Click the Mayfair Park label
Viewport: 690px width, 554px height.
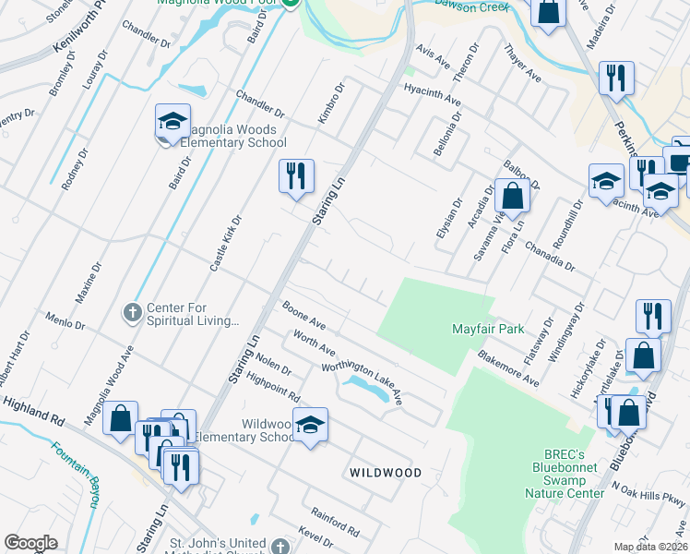(487, 329)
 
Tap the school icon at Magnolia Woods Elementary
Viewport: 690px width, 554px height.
(172, 123)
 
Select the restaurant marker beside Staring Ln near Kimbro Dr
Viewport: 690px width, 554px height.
(296, 176)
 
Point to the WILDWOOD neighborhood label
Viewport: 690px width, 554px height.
(386, 473)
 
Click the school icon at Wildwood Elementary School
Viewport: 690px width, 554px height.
(310, 426)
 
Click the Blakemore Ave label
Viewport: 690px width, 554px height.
(508, 367)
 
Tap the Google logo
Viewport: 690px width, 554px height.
(31, 543)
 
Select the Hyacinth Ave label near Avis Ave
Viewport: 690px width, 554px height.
(433, 93)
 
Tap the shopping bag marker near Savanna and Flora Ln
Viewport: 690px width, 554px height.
(511, 196)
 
